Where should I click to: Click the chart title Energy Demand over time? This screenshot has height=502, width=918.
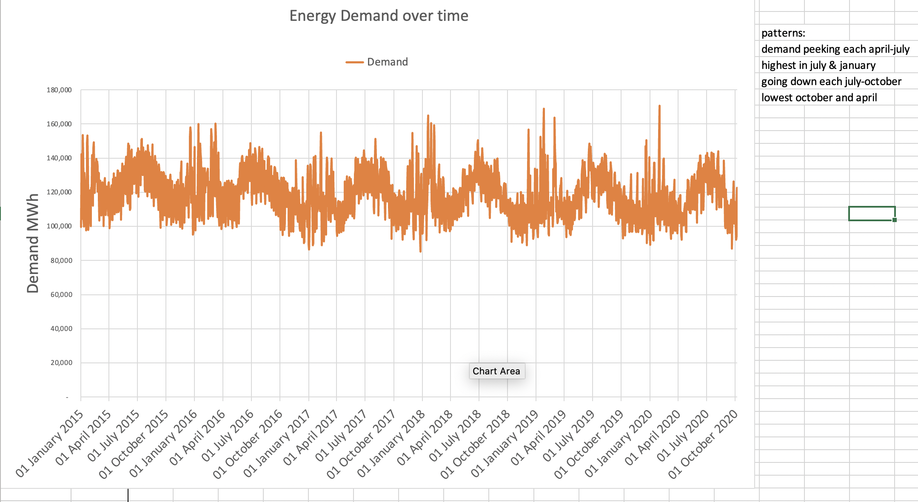[379, 16]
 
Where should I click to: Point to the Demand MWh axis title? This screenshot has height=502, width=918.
[33, 243]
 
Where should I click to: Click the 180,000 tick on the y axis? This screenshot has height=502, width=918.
[59, 90]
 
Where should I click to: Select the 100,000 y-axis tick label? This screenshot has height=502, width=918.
[59, 226]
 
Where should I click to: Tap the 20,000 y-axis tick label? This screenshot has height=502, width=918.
[61, 363]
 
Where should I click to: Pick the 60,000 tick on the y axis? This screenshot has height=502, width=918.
[61, 295]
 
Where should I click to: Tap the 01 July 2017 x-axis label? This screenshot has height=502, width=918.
[341, 436]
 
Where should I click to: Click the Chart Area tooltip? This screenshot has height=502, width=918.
[496, 371]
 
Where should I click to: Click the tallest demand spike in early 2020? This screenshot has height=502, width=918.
[659, 106]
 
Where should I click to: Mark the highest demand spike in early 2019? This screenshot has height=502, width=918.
[544, 110]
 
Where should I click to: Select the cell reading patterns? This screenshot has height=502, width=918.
[783, 33]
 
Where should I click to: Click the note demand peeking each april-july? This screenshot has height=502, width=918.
[835, 49]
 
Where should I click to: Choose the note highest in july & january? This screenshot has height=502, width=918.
[818, 66]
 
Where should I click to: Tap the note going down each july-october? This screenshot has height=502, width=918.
[831, 82]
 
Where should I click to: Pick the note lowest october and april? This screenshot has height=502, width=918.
[819, 98]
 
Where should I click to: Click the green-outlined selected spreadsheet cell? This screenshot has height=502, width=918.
[872, 214]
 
